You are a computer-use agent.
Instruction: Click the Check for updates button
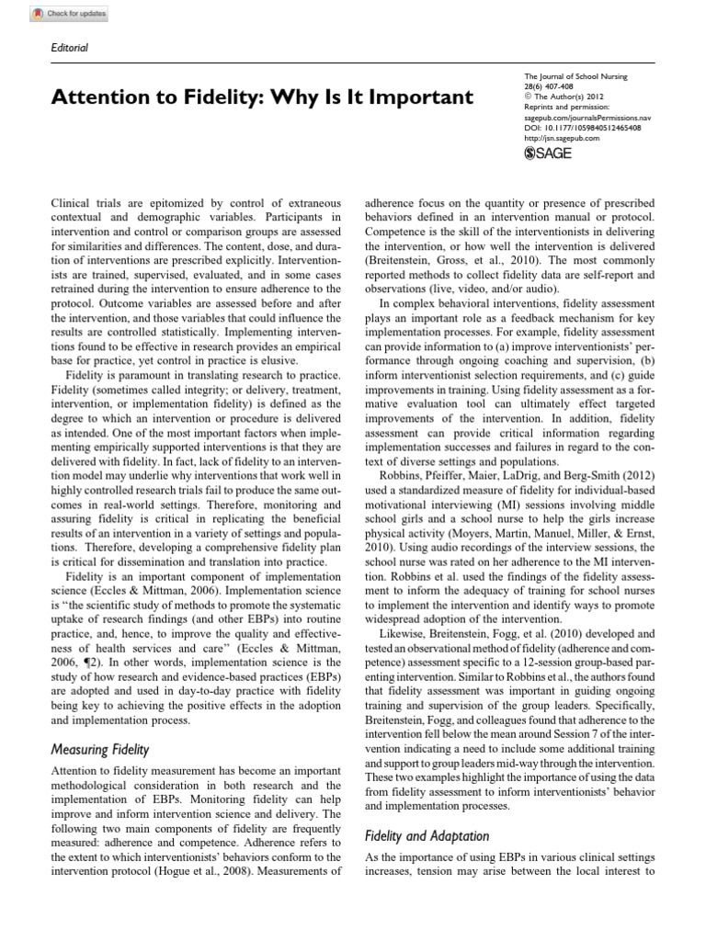click(x=57, y=14)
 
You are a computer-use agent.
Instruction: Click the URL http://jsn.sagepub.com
click(x=561, y=139)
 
